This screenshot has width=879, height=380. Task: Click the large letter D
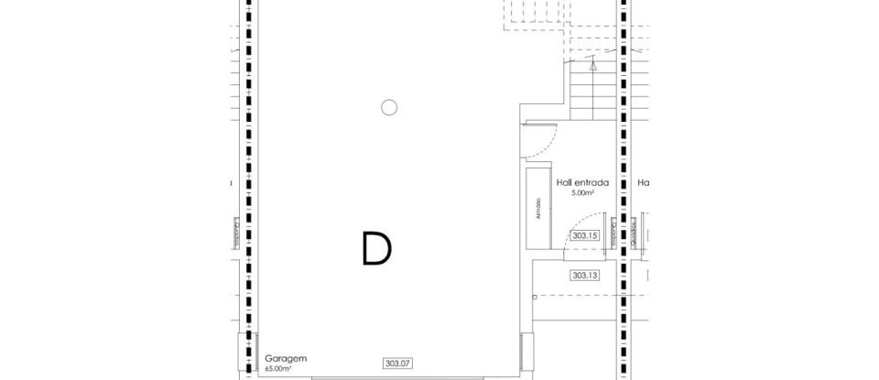click(376, 248)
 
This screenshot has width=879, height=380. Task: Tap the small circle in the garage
click(389, 107)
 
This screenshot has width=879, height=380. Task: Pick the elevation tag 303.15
click(584, 235)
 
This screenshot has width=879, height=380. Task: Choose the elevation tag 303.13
click(584, 275)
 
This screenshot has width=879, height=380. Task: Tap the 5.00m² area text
click(583, 193)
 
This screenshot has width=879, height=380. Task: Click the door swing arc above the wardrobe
click(541, 138)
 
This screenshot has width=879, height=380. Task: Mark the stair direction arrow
click(593, 66)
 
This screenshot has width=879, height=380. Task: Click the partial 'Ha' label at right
click(644, 183)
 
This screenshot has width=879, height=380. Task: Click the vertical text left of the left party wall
click(236, 235)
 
